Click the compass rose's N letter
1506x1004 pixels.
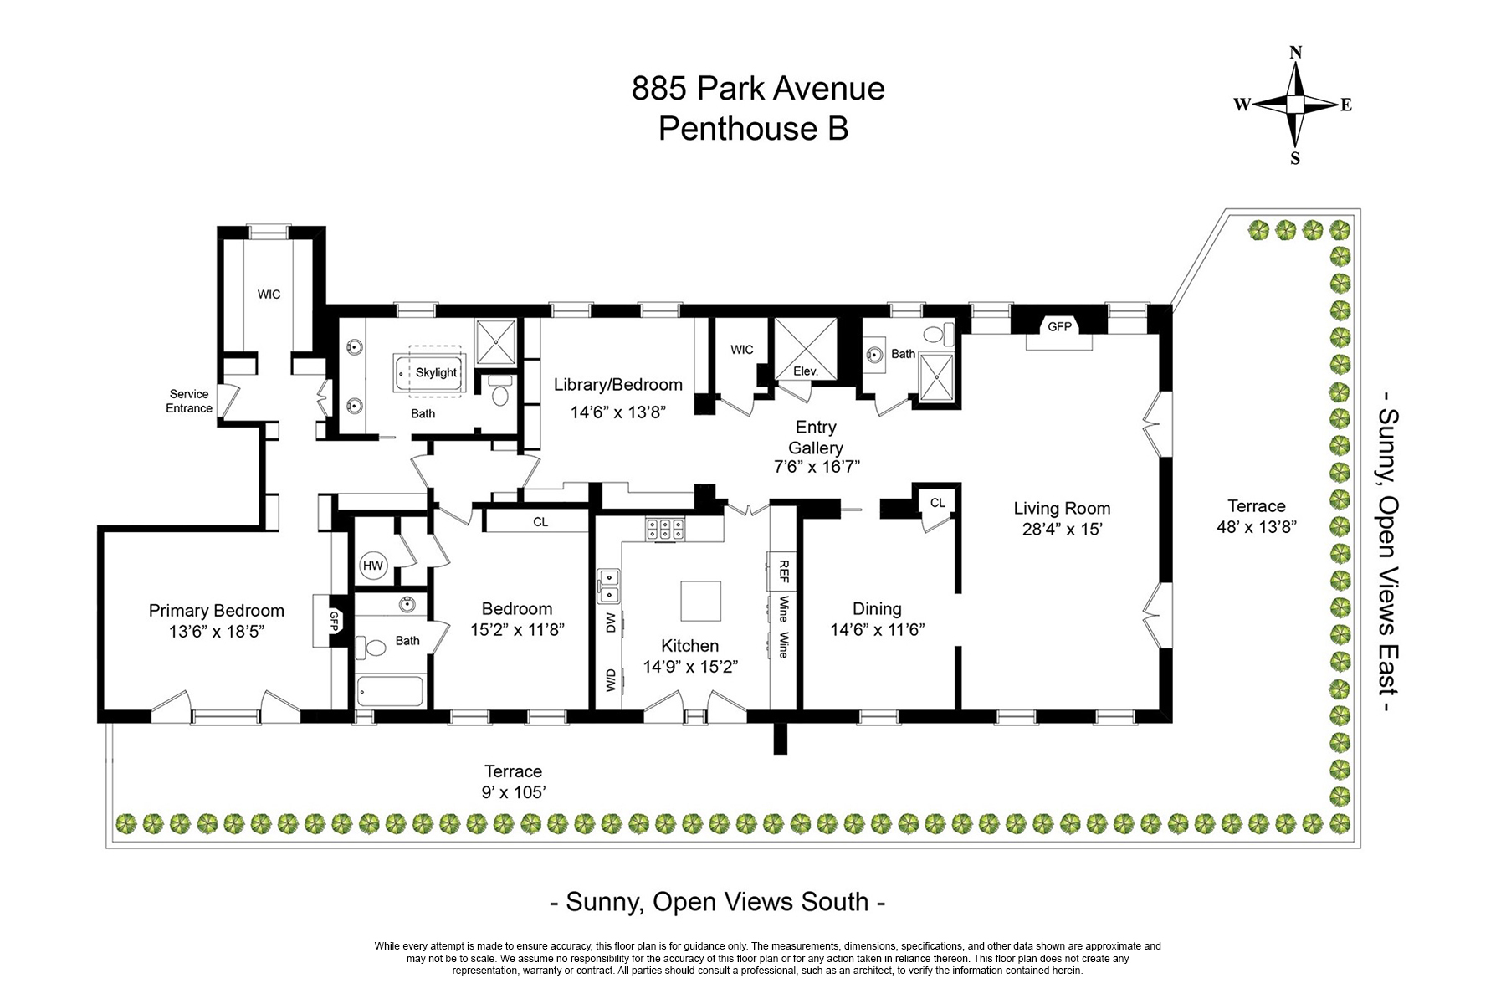(1295, 52)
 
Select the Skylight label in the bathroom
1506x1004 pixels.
(436, 373)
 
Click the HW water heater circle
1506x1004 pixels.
(373, 566)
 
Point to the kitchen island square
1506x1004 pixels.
(701, 601)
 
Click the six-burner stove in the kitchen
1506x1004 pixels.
(663, 530)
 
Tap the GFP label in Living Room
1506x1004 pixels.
(1059, 327)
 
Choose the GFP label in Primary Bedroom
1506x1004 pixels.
(334, 620)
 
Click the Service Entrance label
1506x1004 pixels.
(189, 401)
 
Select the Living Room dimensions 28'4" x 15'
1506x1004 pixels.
(1062, 530)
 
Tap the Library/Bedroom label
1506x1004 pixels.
(618, 385)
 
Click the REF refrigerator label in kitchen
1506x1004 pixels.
(784, 571)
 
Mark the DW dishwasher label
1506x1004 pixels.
(611, 622)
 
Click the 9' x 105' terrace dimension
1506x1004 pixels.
(514, 792)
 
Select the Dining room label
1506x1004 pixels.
(877, 609)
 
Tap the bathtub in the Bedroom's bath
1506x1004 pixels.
(390, 692)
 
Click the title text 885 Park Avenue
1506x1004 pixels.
(758, 89)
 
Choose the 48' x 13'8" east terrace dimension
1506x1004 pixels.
(1257, 527)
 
